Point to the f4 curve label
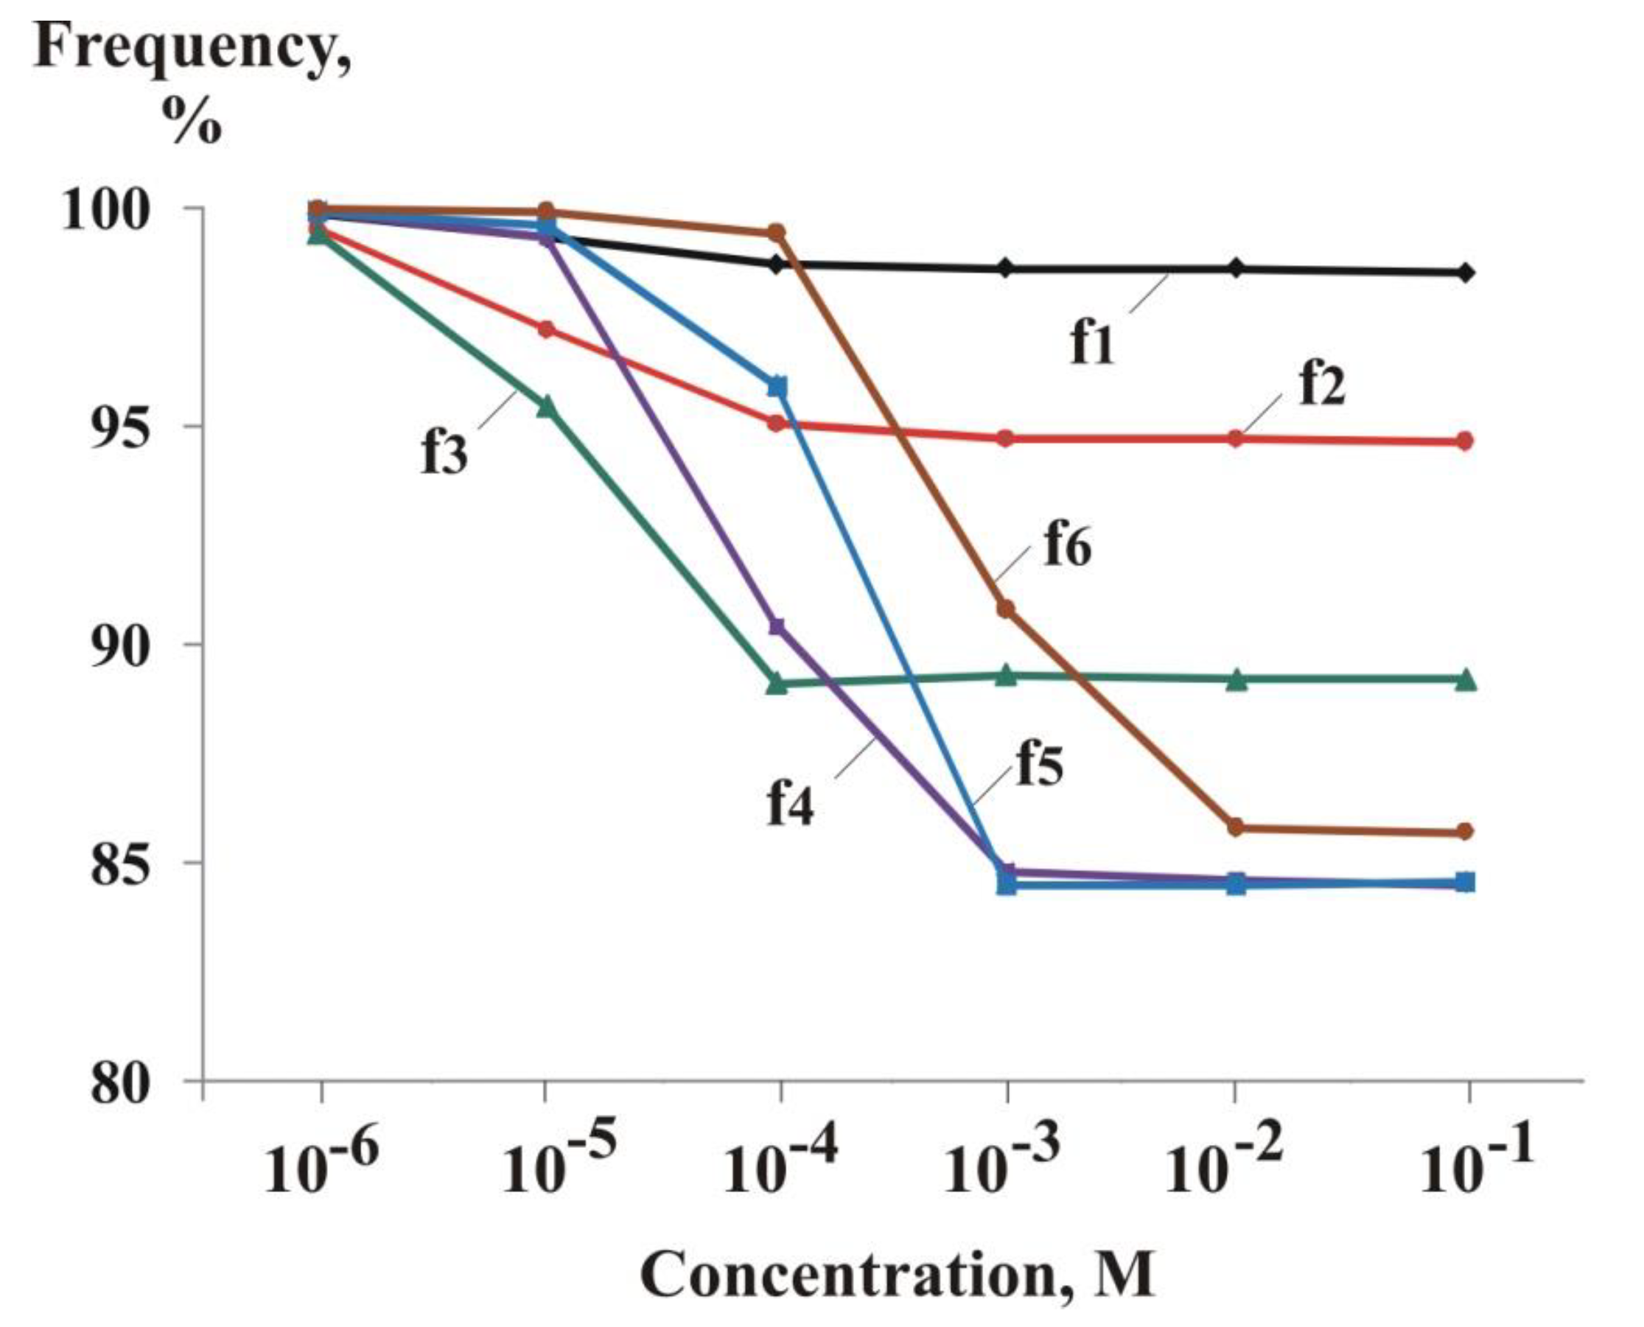790,803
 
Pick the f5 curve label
1040,764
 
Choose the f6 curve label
1068,547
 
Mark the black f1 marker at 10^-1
1464,272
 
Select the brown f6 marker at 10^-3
1006,609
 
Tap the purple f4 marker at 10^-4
777,627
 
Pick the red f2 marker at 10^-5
546,329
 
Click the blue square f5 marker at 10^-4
777,387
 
